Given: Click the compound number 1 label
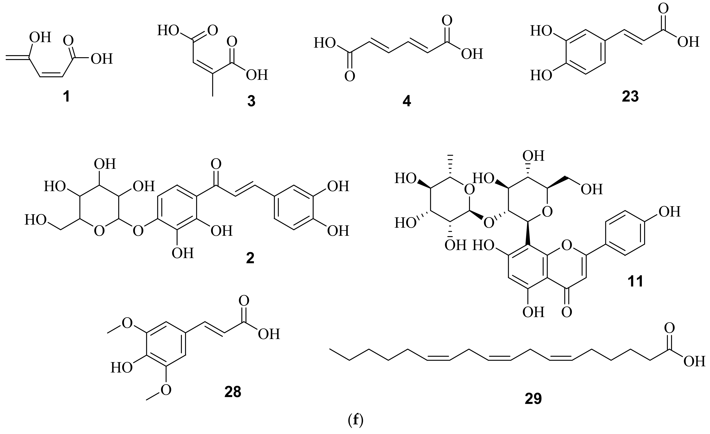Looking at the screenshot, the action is pos(67,97).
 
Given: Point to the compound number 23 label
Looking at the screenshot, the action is pos(630,97).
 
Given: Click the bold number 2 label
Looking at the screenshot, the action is pos(250,258).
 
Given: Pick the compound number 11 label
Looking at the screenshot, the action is pos(635,281).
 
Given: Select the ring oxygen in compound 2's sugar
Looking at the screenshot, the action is pos(99,231).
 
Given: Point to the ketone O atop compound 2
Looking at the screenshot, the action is pos(216,164).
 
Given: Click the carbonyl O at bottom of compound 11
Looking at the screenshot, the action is pos(567,312).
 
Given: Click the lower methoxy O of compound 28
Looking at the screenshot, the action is pos(166,390).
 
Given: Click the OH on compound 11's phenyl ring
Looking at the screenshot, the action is pos(669,212).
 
